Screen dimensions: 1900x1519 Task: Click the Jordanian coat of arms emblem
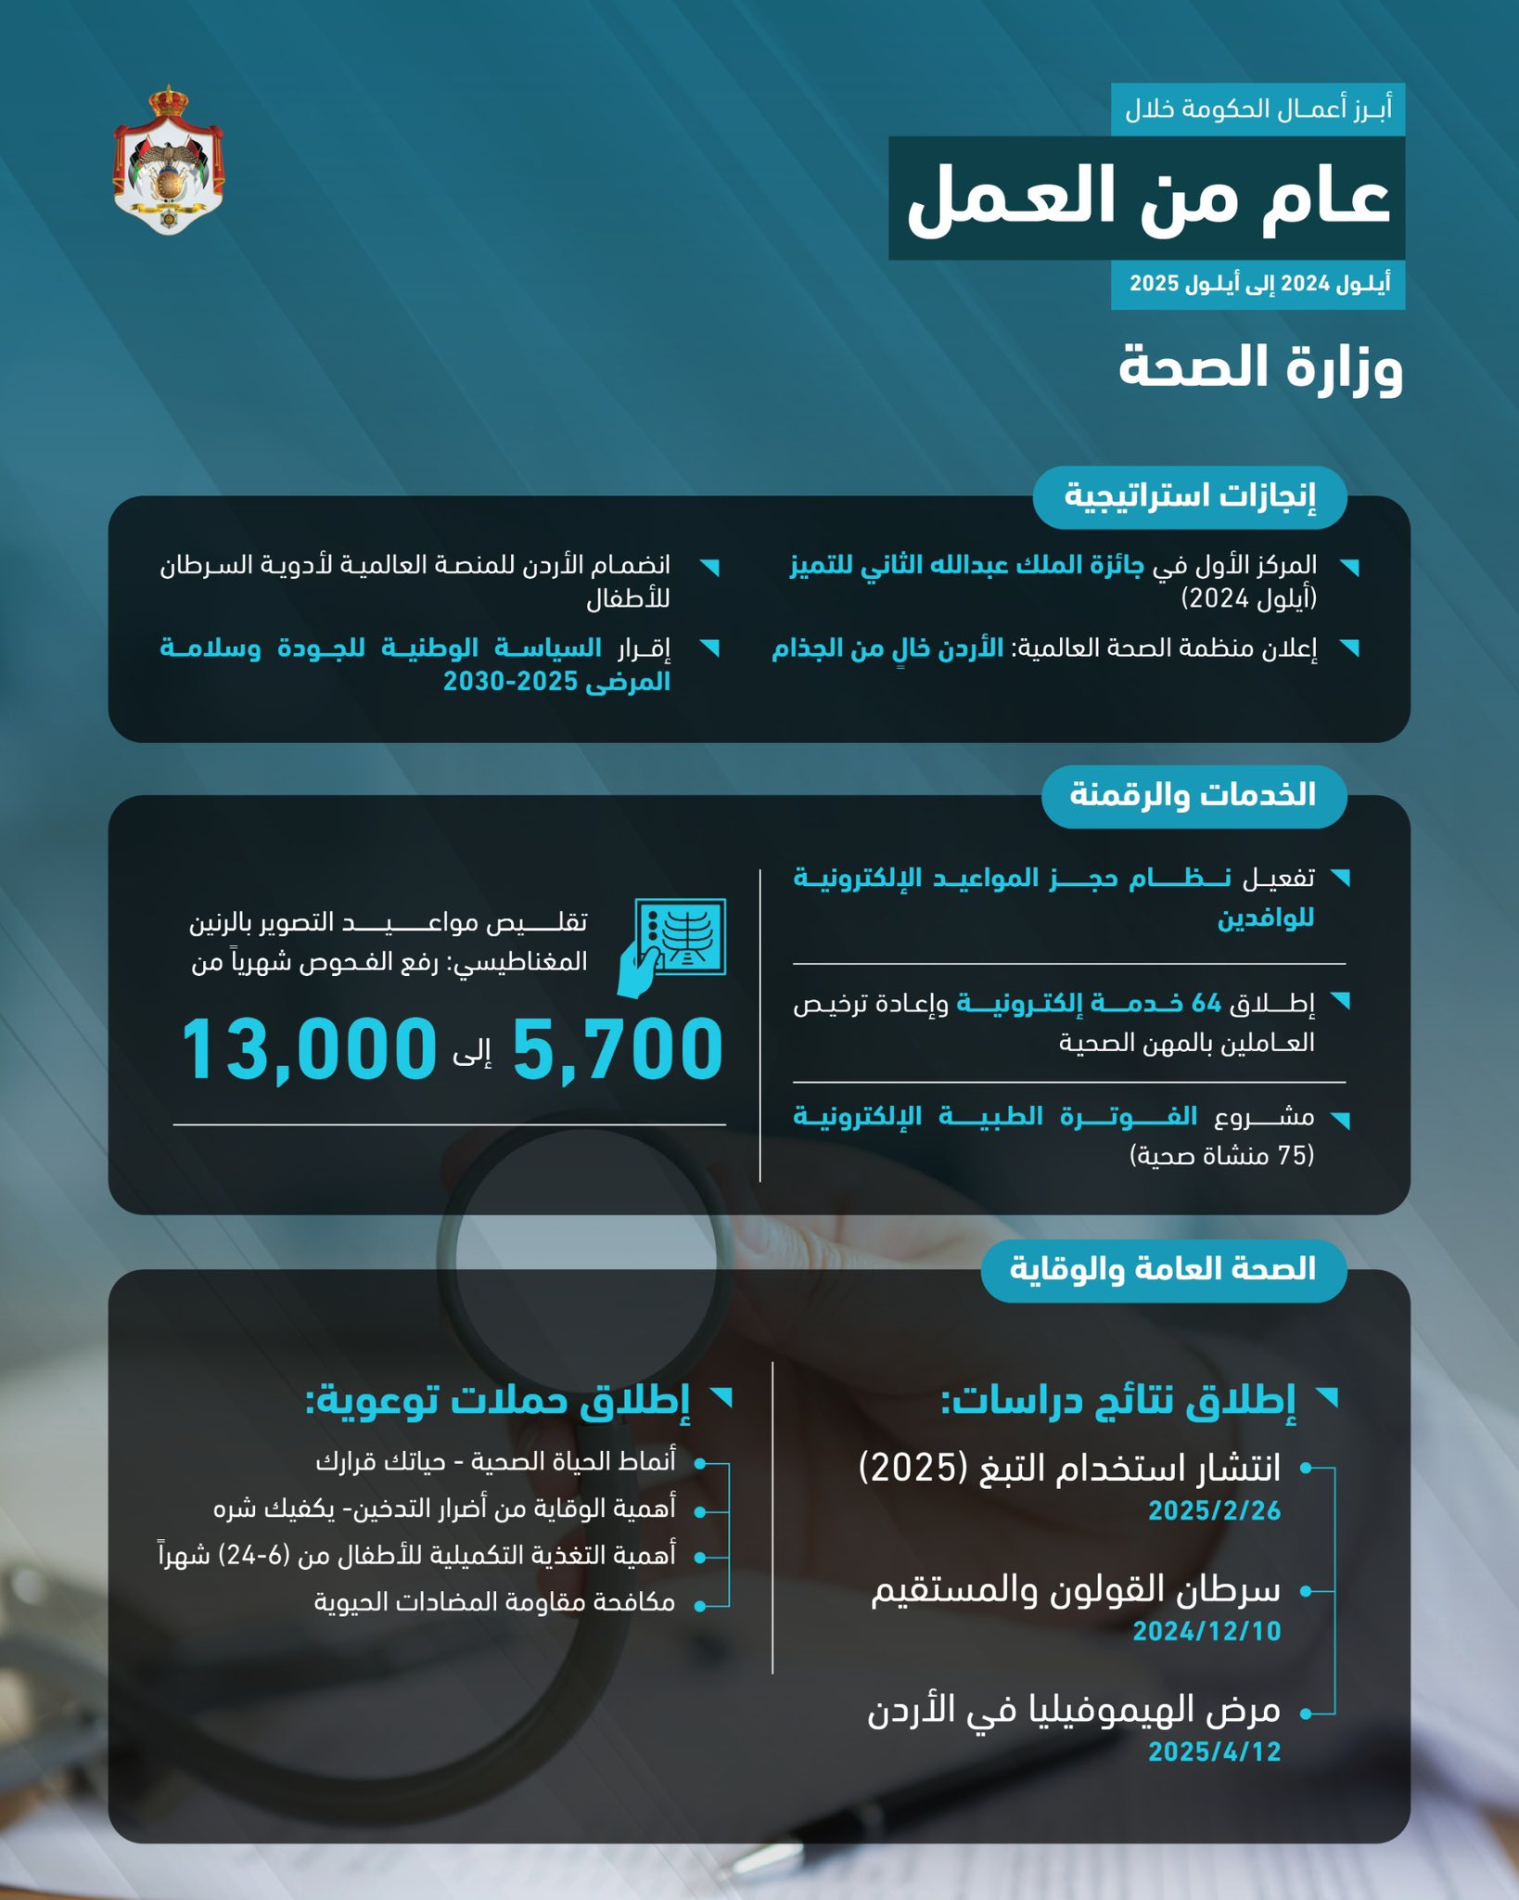(168, 160)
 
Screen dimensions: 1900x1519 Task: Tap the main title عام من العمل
(1147, 198)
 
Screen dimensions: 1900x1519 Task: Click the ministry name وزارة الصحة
(1260, 367)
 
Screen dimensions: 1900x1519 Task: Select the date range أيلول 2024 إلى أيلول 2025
(1258, 284)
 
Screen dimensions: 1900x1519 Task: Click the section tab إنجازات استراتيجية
(1189, 495)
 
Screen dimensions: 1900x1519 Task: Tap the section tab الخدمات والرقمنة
(1193, 795)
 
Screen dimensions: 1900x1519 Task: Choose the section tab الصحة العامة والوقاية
(1163, 1268)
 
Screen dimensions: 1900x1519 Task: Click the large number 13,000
(309, 1049)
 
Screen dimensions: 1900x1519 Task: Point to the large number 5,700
(618, 1049)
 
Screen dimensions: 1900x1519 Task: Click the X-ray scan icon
(673, 946)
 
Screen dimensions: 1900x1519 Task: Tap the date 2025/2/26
(1214, 1511)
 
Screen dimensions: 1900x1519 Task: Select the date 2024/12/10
(1206, 1631)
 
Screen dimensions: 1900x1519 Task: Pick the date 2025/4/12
(1214, 1752)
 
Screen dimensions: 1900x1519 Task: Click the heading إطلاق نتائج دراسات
(1118, 1401)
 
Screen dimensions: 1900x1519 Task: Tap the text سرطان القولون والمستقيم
(1076, 1590)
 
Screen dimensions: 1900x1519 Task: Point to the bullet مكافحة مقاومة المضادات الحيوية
(494, 1602)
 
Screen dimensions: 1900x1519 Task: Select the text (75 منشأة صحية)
(1221, 1155)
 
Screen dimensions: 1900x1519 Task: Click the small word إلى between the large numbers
(472, 1052)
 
